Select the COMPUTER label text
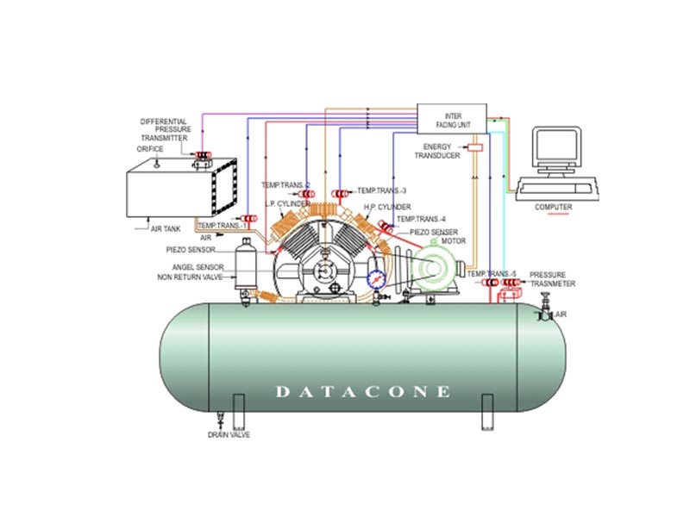[x=553, y=207]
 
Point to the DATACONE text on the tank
[x=362, y=392]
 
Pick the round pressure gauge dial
[x=377, y=279]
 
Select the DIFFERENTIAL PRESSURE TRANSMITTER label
[x=166, y=129]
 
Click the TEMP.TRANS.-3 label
[x=381, y=190]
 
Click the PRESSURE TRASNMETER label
[x=553, y=278]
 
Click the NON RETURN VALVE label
[x=189, y=277]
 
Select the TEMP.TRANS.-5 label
[x=492, y=273]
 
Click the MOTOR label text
[x=453, y=241]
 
